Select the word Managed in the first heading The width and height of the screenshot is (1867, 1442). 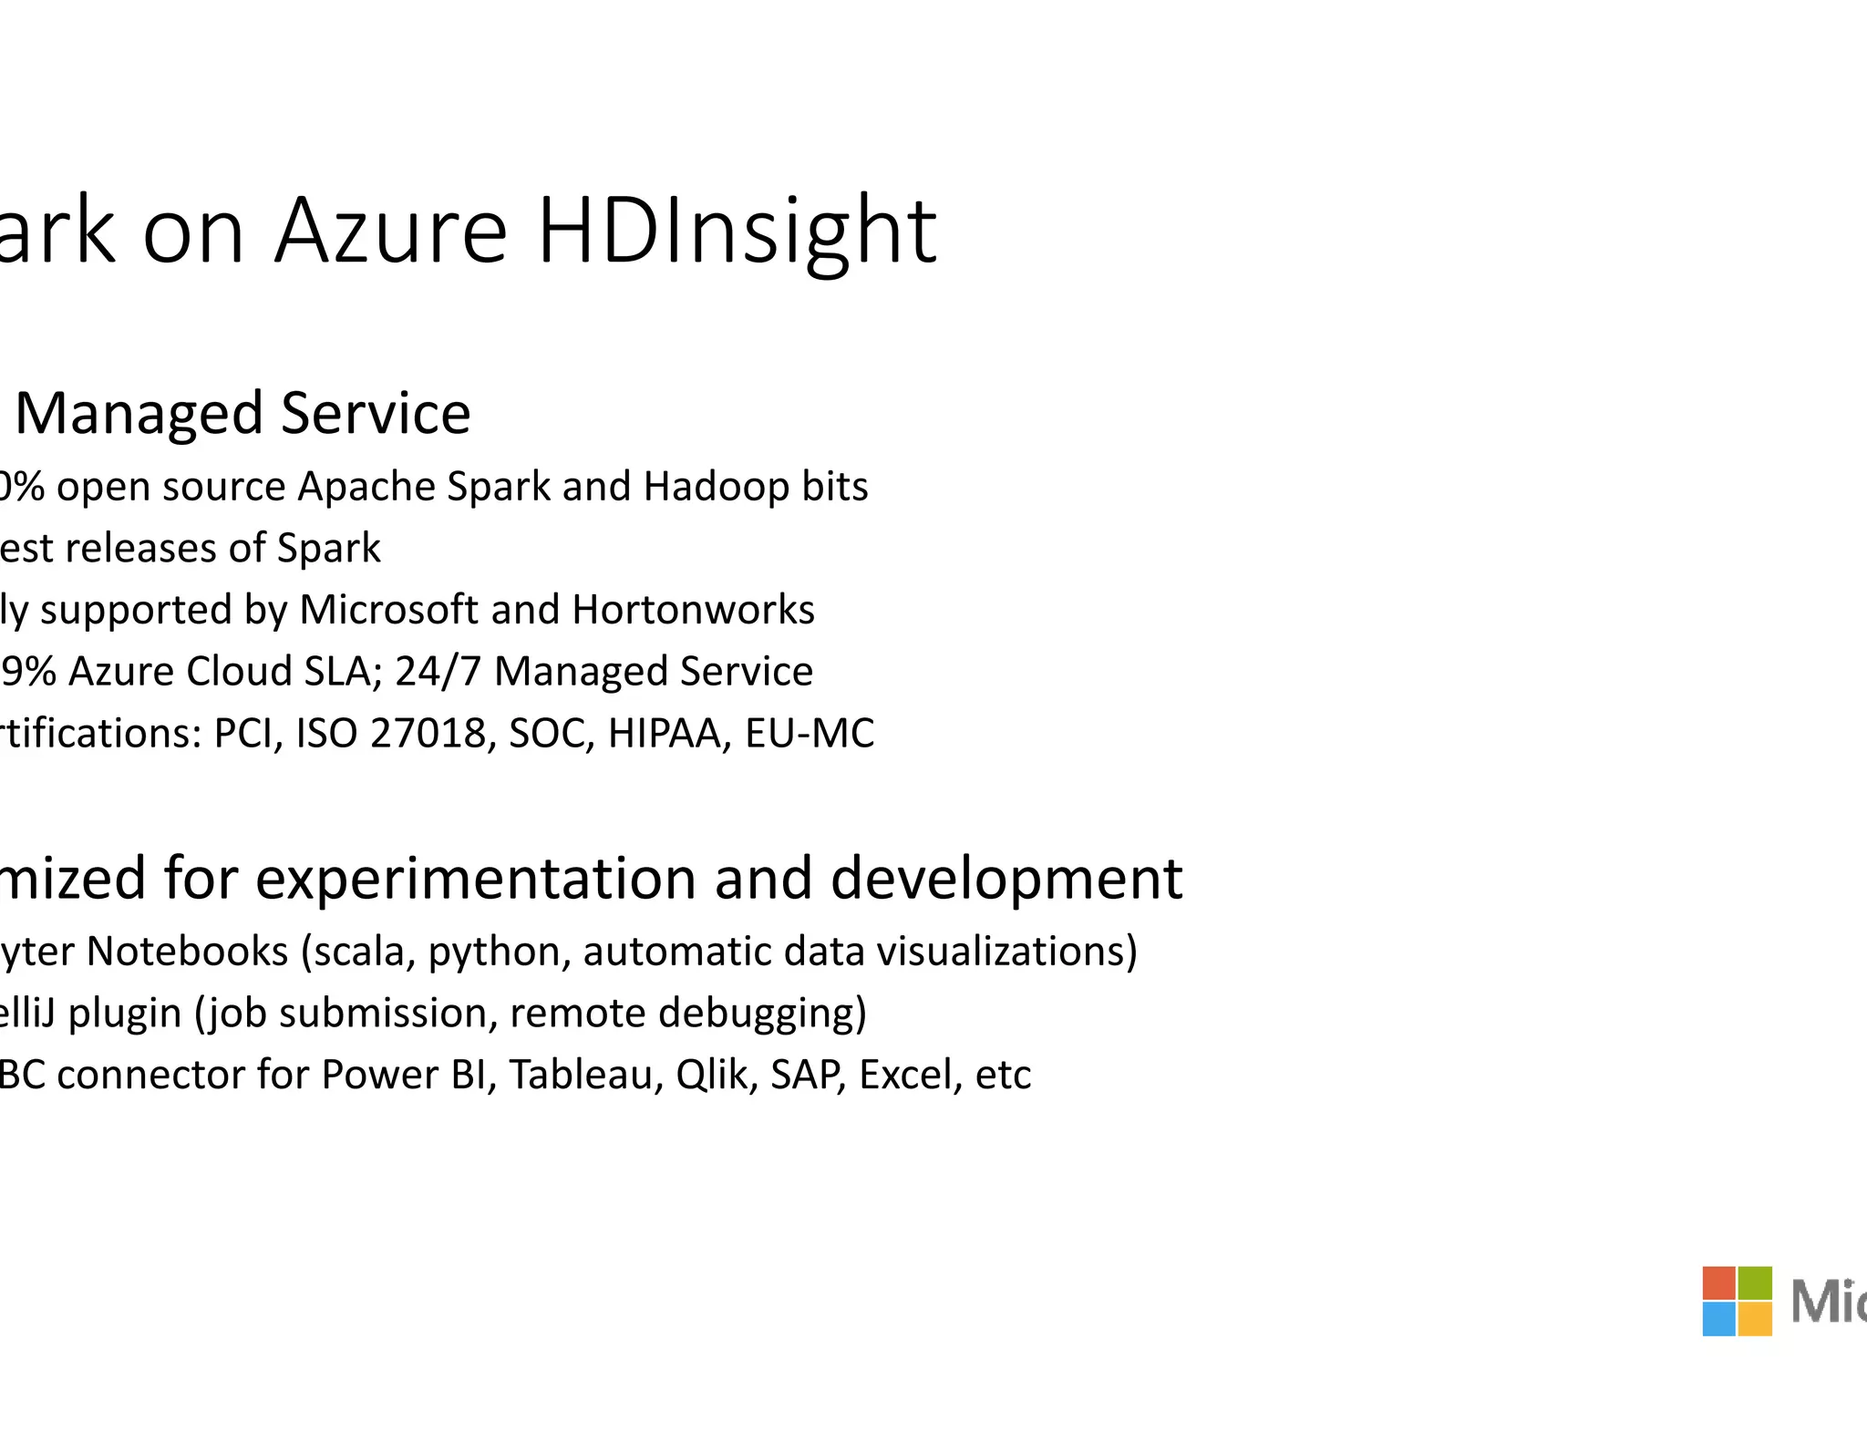(x=139, y=413)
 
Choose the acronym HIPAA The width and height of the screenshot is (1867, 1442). (x=669, y=733)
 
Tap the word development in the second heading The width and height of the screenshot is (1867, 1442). (x=1006, y=878)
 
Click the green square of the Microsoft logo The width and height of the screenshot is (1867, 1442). (x=1755, y=1282)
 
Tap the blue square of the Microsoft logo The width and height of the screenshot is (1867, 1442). (x=1718, y=1319)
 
